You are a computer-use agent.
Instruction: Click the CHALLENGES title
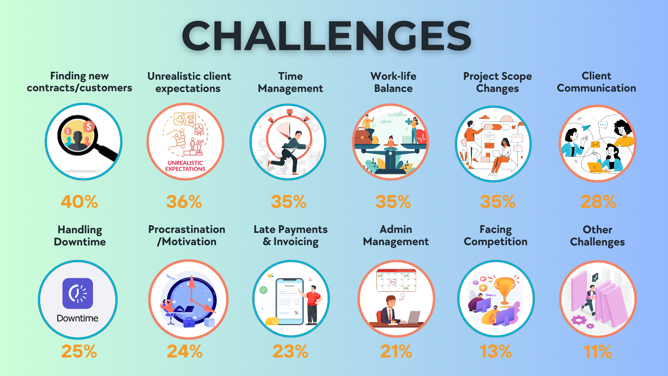coord(326,35)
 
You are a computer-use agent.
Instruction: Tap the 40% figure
coord(79,202)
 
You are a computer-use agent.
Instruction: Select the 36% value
coord(184,202)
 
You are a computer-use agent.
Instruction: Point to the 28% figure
coord(598,202)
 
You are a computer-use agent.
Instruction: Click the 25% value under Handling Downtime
coord(79,351)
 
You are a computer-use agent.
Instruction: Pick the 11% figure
coord(598,352)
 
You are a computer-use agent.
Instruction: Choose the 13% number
coord(496,351)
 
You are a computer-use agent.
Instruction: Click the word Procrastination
coord(187,229)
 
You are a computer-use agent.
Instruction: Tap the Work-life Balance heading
coord(393,82)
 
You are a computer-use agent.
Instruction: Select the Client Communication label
coord(597,82)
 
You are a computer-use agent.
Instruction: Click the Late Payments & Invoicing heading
coord(291,236)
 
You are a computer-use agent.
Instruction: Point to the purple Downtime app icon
coord(78,293)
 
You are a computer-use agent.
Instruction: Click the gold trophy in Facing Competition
coord(504,290)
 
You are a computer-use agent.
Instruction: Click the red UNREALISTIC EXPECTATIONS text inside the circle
coord(185,166)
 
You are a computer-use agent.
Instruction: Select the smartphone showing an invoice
coord(289,301)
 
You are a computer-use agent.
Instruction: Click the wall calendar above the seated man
coord(396,280)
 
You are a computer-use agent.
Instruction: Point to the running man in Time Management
coord(292,152)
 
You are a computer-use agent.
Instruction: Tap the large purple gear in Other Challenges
coord(579,320)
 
